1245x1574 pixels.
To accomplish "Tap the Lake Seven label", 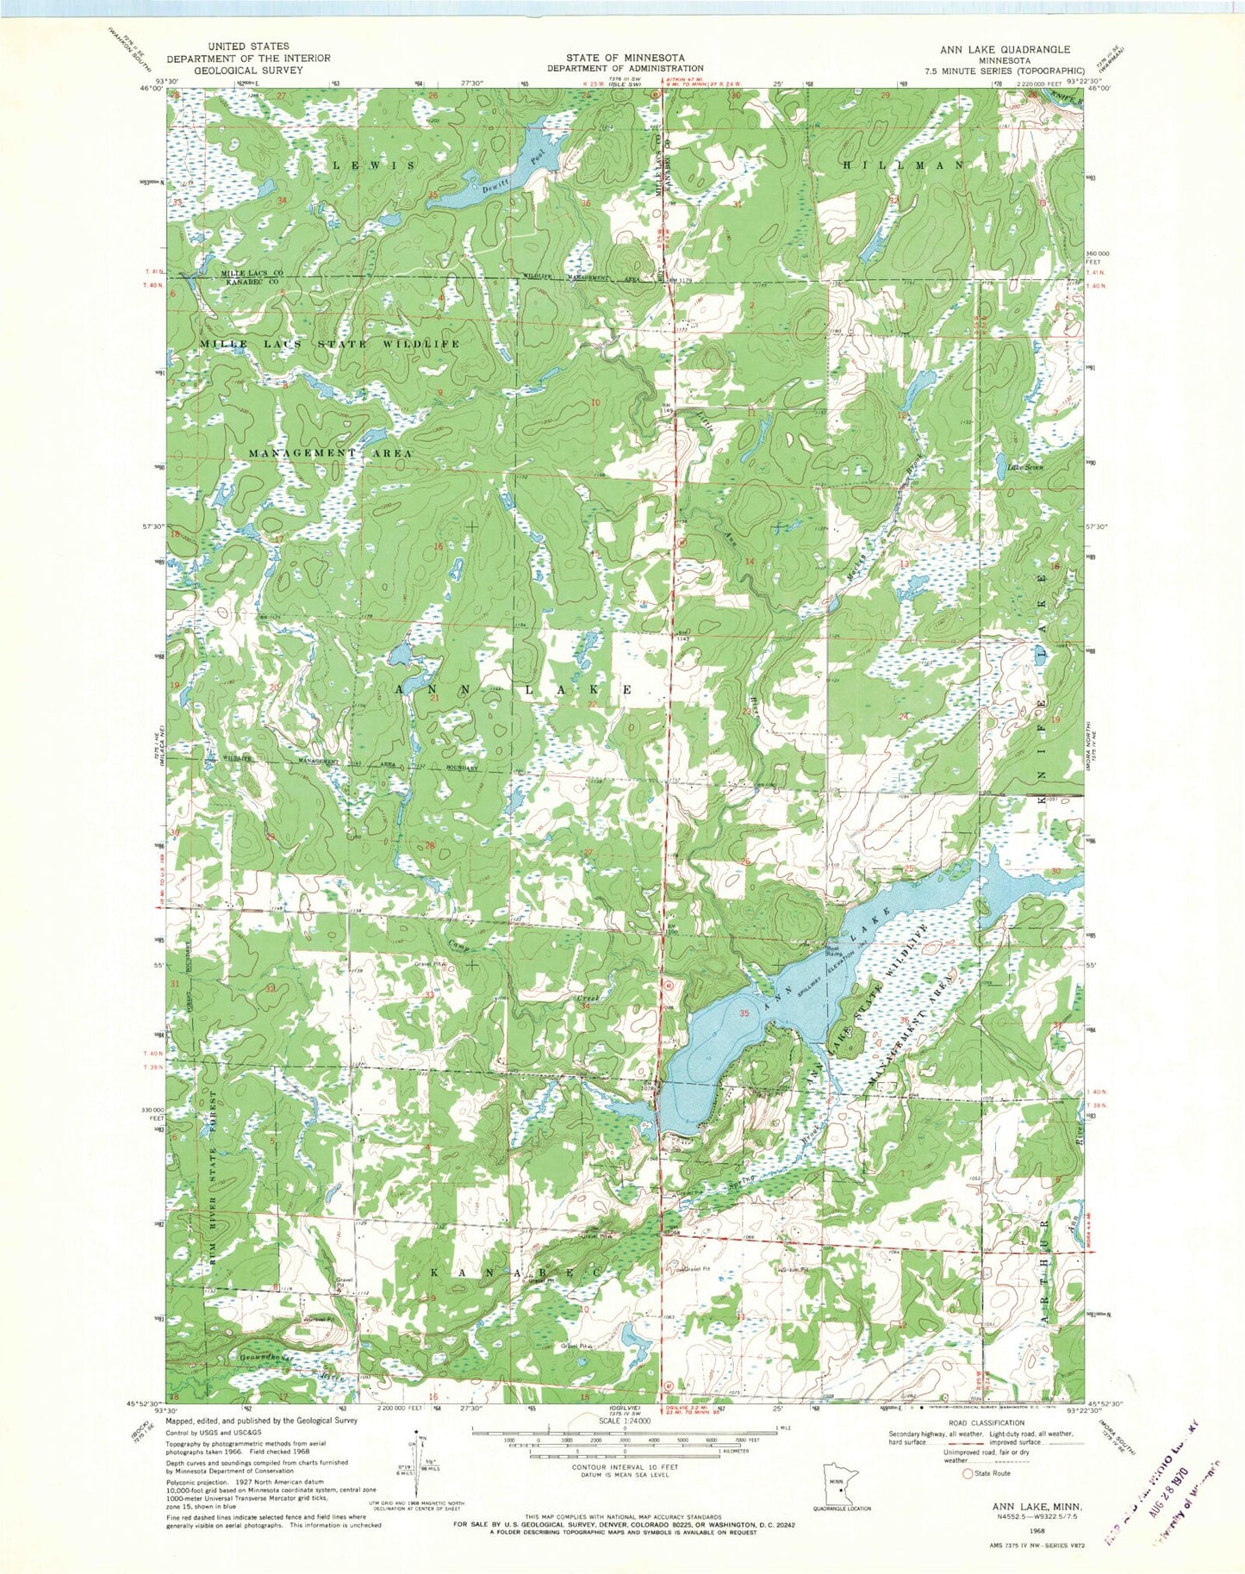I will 1025,468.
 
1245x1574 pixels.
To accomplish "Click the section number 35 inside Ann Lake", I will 743,1014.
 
